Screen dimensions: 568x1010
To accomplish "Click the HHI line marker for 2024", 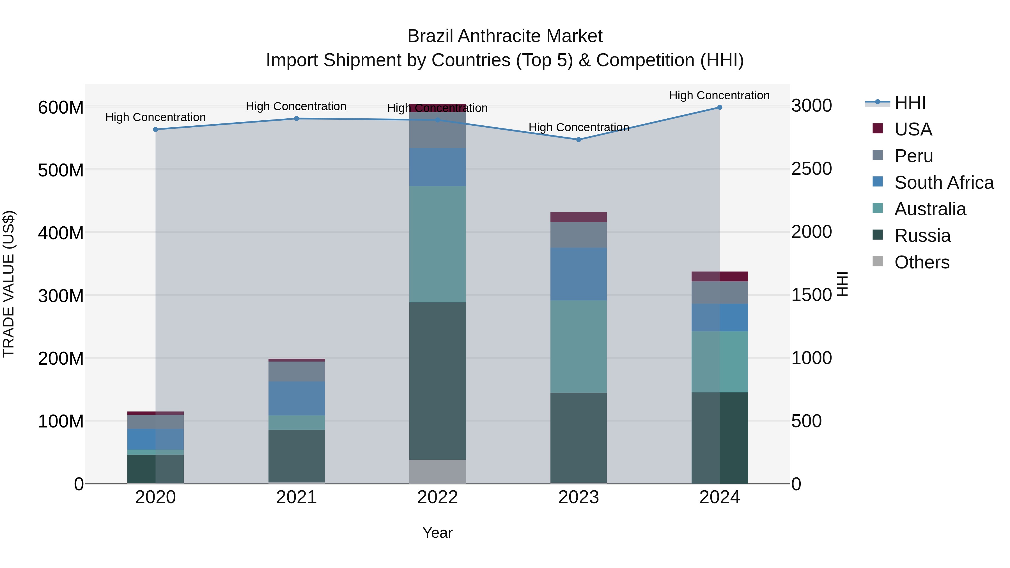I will (x=719, y=107).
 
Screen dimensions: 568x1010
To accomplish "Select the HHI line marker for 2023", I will (x=578, y=140).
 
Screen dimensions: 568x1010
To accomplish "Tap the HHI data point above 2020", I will (x=156, y=129).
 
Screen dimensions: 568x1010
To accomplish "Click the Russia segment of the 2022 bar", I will (x=438, y=380).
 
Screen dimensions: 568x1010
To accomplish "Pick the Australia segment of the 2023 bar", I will (x=578, y=346).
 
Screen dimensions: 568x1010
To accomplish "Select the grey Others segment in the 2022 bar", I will (x=438, y=471).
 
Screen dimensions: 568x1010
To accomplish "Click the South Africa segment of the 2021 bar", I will (x=297, y=398).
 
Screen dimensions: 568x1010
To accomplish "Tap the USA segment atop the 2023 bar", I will (x=578, y=217).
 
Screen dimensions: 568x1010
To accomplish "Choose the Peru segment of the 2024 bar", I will (x=719, y=293).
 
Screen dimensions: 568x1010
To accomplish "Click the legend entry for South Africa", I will (x=944, y=183).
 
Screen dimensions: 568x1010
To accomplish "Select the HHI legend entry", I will (x=910, y=103).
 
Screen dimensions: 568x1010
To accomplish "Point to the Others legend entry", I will (x=921, y=262).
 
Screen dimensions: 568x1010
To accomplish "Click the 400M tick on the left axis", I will (x=61, y=233).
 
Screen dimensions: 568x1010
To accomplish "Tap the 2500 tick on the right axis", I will (x=811, y=169).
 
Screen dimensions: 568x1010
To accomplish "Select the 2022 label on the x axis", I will (x=438, y=497).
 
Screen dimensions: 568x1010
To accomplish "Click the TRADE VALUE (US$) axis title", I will (x=9, y=284).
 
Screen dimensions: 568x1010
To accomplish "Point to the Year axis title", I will (x=438, y=533).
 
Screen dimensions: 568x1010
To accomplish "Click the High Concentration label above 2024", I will (x=719, y=95).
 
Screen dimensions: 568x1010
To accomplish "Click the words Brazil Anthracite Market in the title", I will (x=505, y=36).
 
